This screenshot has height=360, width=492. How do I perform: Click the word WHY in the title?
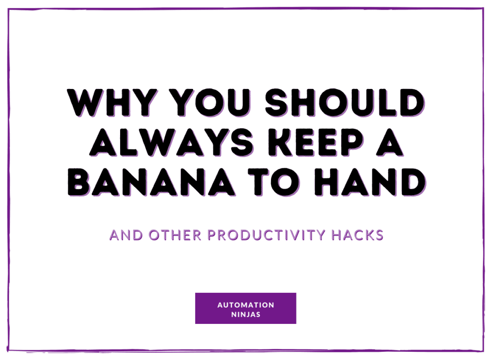[112, 103]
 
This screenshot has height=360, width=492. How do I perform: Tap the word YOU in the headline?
[210, 103]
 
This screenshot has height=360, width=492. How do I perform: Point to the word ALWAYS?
[172, 142]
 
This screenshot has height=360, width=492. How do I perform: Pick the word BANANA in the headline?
[151, 182]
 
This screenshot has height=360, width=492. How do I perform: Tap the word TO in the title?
[274, 182]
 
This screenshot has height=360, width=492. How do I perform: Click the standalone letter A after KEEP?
[389, 142]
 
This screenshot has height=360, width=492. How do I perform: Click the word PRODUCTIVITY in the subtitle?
[266, 236]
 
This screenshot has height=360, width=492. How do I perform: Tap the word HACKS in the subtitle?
[357, 236]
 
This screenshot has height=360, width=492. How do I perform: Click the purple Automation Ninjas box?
[246, 308]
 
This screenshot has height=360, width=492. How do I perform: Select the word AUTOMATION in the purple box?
[246, 305]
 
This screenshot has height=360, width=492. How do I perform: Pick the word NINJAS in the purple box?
[246, 314]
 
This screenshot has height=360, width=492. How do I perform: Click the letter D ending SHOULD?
[412, 103]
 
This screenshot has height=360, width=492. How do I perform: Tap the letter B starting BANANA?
[78, 182]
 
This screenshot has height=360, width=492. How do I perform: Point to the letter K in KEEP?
[280, 142]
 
